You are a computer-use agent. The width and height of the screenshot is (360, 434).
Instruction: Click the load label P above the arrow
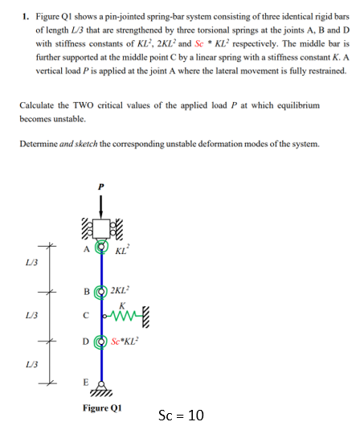click(x=100, y=183)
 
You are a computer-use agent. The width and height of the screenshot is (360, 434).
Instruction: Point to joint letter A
click(x=85, y=248)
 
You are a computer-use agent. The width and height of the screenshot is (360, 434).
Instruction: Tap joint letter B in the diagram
click(x=85, y=292)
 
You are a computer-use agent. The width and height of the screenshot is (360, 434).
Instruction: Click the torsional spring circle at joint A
click(x=101, y=248)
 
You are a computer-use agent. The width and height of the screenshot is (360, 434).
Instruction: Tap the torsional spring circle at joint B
click(x=101, y=292)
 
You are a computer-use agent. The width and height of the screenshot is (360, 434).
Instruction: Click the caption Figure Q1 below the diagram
click(x=100, y=408)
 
